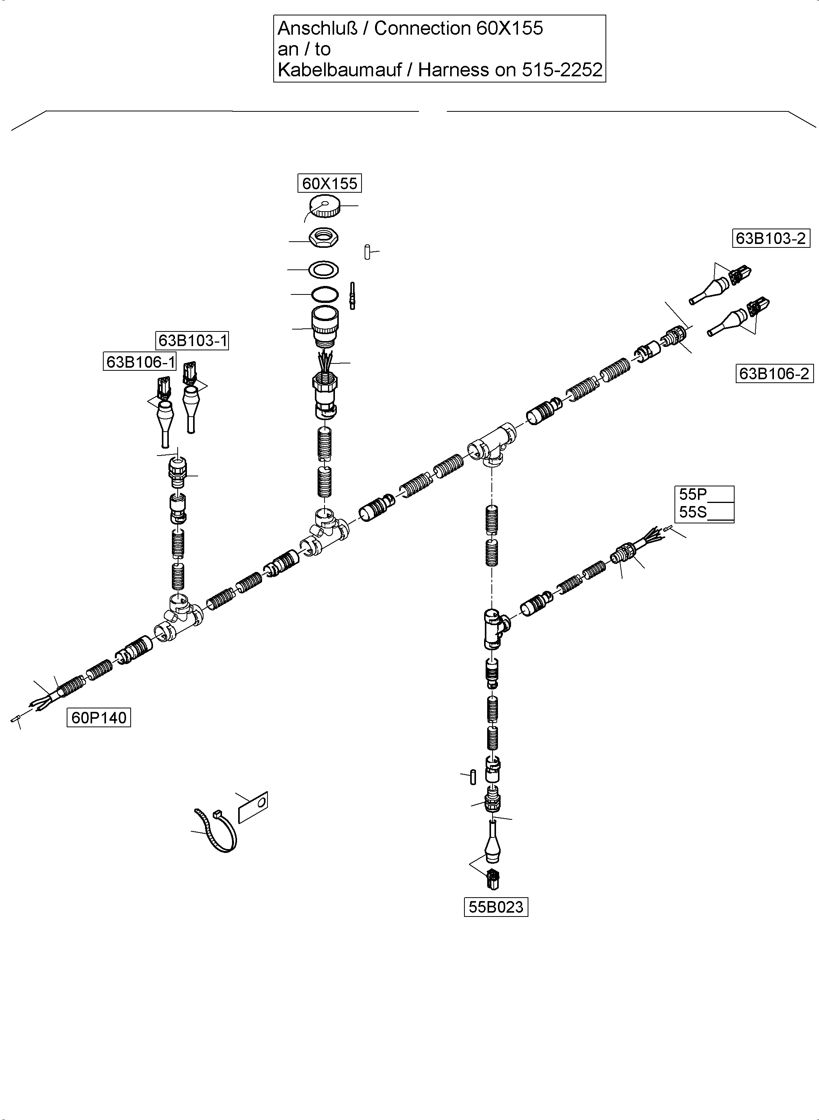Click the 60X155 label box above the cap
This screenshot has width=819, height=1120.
[x=329, y=183]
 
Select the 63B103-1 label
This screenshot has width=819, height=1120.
[x=192, y=341]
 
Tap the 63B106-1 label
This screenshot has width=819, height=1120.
[x=140, y=362]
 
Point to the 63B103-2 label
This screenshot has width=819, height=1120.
[x=770, y=239]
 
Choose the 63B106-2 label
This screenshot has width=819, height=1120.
[x=774, y=373]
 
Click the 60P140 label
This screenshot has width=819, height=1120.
[x=99, y=717]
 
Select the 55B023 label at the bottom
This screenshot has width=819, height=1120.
[x=496, y=907]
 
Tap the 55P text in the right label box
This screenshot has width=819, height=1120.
[x=693, y=494]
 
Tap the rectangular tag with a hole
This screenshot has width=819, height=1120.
[x=253, y=807]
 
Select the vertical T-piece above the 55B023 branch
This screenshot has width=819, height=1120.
[x=493, y=628]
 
